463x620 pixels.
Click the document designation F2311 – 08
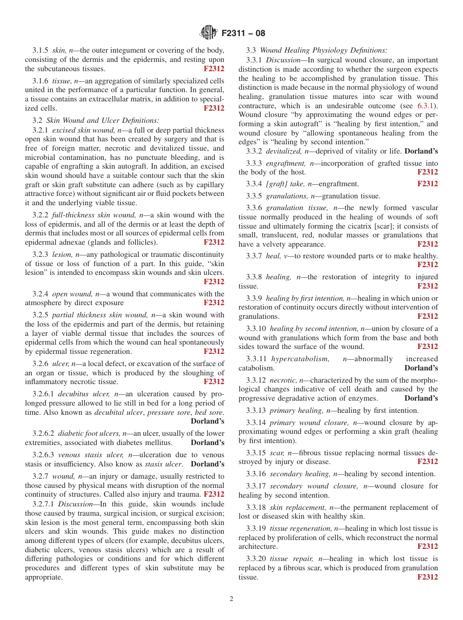[243, 34]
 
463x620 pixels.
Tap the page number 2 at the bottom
[231, 599]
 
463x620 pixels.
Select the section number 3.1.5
[40, 50]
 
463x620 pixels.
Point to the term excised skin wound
[83, 130]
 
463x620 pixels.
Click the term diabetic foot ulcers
[89, 433]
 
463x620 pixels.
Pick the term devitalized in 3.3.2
[283, 152]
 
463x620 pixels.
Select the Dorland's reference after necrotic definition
[421, 398]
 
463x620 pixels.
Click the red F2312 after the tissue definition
[214, 108]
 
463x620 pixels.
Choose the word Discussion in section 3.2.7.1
[75, 504]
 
